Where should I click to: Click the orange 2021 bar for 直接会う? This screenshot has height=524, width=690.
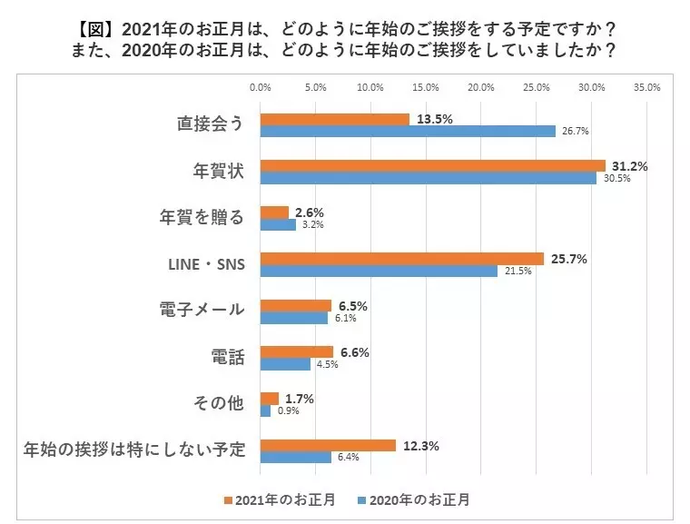click(335, 119)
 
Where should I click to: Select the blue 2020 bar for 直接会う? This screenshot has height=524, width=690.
click(408, 131)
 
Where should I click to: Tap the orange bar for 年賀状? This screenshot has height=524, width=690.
click(433, 166)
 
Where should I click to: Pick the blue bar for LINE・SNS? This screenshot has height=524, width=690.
click(379, 271)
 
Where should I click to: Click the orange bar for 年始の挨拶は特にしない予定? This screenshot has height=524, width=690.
click(329, 446)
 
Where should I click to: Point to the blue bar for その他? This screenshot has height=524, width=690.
click(265, 410)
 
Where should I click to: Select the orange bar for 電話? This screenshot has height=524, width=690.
click(297, 352)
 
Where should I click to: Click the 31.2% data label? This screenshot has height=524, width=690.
click(630, 166)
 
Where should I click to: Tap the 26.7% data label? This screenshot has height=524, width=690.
click(575, 131)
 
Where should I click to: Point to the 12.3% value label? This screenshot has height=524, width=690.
click(421, 446)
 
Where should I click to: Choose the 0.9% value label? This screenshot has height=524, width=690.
click(288, 410)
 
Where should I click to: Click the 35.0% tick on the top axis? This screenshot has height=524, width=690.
click(646, 87)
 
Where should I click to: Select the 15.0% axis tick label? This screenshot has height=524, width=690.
click(426, 87)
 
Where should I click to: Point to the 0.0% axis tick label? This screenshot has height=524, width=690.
click(260, 87)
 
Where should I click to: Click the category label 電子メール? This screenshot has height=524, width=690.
click(202, 310)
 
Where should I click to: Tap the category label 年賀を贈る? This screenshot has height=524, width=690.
click(202, 217)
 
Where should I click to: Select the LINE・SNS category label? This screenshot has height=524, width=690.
click(206, 264)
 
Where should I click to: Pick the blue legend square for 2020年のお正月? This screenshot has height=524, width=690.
click(361, 500)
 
